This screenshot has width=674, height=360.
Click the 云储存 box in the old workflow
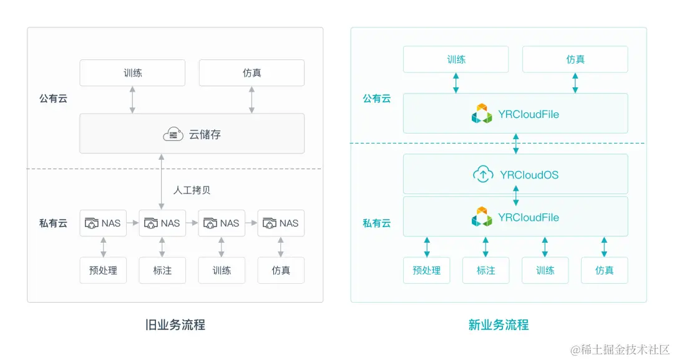pyautogui.click(x=192, y=133)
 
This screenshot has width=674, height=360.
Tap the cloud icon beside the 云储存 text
pyautogui.click(x=173, y=134)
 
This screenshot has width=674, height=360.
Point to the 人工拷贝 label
pyautogui.click(x=193, y=190)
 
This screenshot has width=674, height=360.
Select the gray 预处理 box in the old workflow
pyautogui.click(x=103, y=271)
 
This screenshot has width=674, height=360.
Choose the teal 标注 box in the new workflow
pyautogui.click(x=486, y=270)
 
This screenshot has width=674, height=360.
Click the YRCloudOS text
pyautogui.click(x=529, y=175)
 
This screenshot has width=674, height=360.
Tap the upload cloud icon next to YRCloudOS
pyautogui.click(x=483, y=175)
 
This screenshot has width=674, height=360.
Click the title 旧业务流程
pyautogui.click(x=175, y=325)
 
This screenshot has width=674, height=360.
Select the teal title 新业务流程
pyautogui.click(x=498, y=325)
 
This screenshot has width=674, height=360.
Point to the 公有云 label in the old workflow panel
pyautogui.click(x=53, y=99)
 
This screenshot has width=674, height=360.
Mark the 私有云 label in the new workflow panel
pyautogui.click(x=376, y=223)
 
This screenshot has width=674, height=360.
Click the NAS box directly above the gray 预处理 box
pyautogui.click(x=103, y=223)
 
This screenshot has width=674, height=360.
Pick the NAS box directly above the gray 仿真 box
pyautogui.click(x=281, y=223)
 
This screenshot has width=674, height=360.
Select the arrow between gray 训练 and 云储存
pyautogui.click(x=132, y=100)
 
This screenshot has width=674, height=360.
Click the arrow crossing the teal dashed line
pyautogui.click(x=515, y=144)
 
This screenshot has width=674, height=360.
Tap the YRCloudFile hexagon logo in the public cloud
pyautogui.click(x=482, y=114)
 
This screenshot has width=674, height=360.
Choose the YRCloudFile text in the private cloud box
pyautogui.click(x=528, y=218)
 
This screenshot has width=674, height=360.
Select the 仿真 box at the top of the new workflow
pyautogui.click(x=575, y=59)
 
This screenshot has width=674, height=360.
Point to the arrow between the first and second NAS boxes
pyautogui.click(x=132, y=223)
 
